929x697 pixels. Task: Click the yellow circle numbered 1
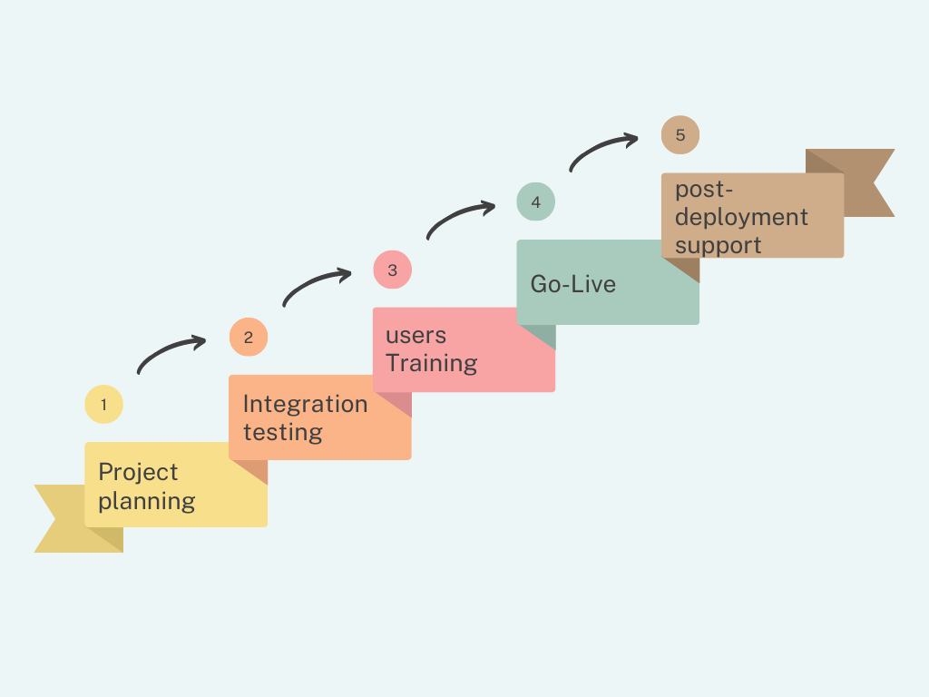103,405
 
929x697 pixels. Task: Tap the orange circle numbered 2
248,338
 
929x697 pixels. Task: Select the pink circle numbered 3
392,270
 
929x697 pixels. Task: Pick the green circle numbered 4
535,201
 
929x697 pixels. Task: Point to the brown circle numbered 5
680,134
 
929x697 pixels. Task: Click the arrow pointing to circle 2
171,352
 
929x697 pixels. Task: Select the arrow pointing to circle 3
316,285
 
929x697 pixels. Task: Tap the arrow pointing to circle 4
460,218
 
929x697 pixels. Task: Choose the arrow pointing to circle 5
603,150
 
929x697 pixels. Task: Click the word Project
138,473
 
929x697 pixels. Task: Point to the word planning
146,501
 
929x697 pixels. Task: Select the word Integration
305,405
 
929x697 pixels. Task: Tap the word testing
282,432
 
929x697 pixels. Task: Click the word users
416,335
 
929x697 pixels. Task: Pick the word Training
431,363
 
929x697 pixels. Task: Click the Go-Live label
572,284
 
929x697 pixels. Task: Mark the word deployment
740,218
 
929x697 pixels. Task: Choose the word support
718,245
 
